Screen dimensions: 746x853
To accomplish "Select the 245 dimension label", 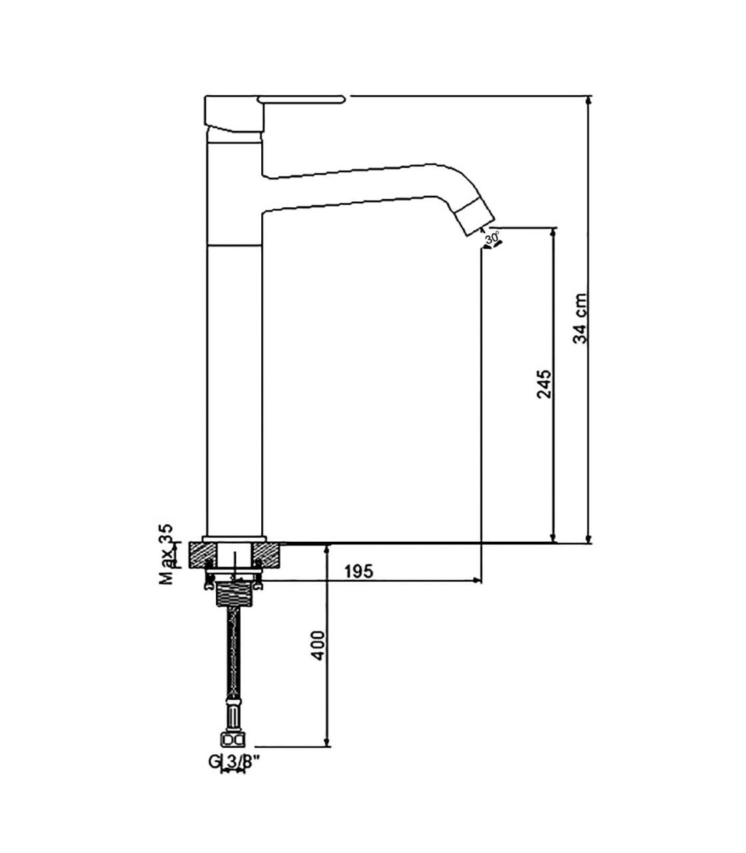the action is pyautogui.click(x=544, y=384).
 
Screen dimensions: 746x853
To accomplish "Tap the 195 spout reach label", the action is pyautogui.click(x=359, y=572).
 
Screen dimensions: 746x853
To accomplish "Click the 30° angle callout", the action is pyautogui.click(x=492, y=239).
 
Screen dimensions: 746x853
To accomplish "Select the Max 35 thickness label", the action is pyautogui.click(x=166, y=554).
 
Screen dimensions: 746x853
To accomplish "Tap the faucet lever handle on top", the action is pyautogui.click(x=301, y=99).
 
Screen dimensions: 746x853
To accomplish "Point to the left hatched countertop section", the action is pyautogui.click(x=203, y=555).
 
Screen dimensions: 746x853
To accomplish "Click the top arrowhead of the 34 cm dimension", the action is pyautogui.click(x=589, y=101).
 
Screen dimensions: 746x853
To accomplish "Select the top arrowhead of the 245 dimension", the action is pyautogui.click(x=553, y=233).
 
